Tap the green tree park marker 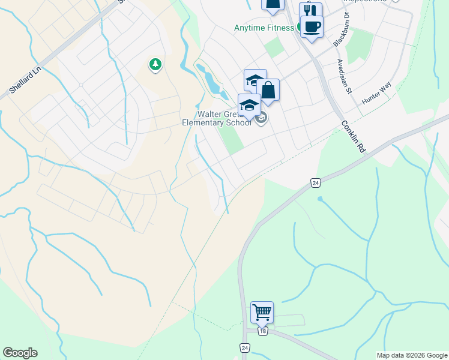tap(155, 64)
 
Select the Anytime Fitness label tap(264, 28)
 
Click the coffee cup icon tap(312, 26)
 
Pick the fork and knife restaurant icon tap(310, 11)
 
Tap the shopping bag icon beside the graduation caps tap(268, 91)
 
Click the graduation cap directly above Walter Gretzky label tap(249, 105)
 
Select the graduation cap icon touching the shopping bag tap(254, 80)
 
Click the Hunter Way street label tap(376, 94)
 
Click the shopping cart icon tap(262, 313)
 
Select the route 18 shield tap(262, 331)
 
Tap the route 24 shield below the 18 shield tap(244, 347)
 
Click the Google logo tap(20, 353)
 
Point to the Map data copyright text tap(411, 355)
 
